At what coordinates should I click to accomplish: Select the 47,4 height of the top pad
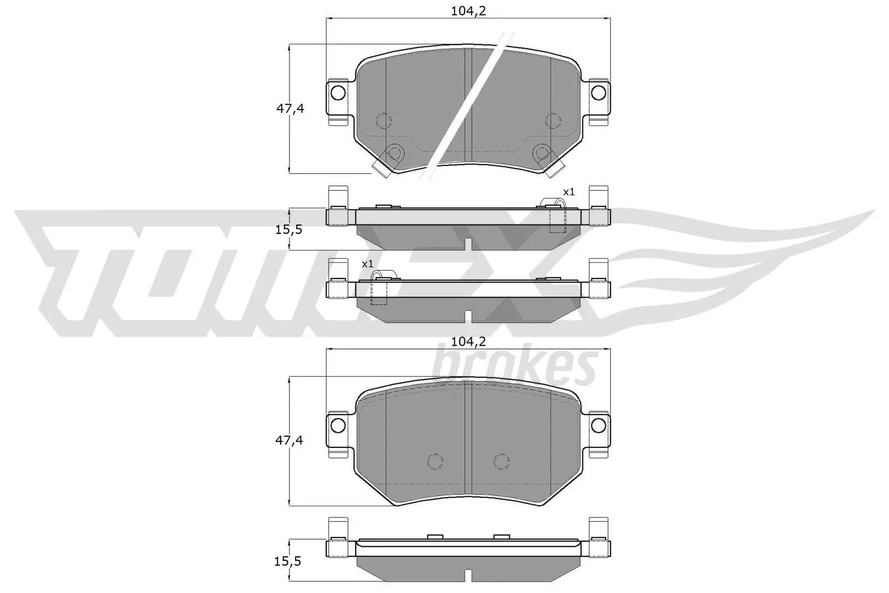290,108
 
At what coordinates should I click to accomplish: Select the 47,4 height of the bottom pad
290,441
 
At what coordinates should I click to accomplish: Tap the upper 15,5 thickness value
289,229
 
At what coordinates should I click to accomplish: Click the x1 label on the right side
568,192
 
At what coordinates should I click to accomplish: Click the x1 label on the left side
367,263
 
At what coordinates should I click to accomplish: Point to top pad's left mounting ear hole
337,92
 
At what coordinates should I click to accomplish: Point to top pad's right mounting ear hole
598,92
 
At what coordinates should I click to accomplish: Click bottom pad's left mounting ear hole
337,425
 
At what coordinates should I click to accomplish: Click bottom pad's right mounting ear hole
598,425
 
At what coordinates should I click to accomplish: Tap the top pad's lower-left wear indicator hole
395,152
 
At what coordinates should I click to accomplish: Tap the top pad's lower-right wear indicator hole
541,152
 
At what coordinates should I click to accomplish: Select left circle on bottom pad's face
435,461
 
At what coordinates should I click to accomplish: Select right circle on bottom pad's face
501,461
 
